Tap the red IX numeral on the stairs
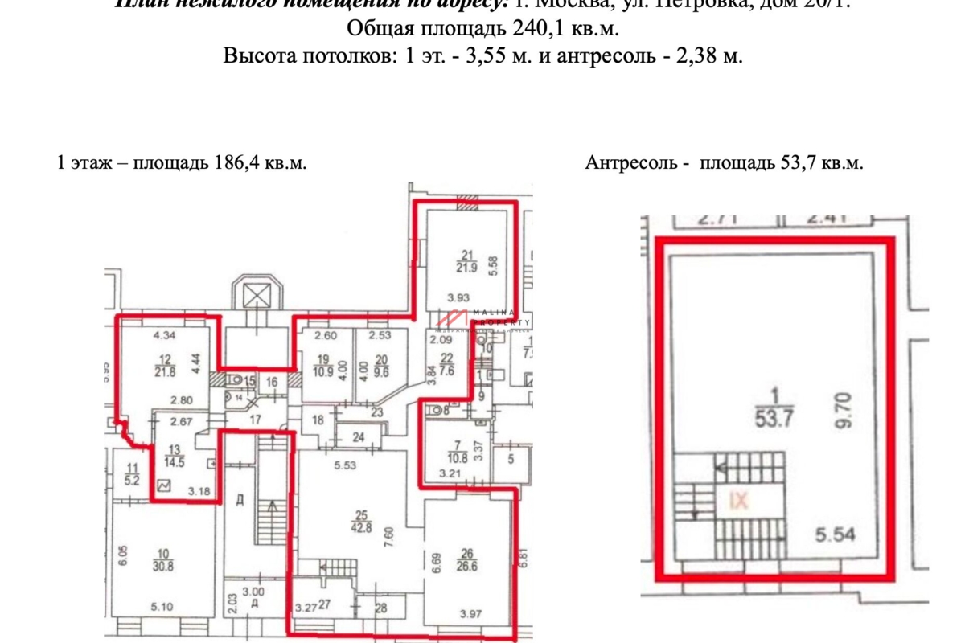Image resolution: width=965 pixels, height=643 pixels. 738,501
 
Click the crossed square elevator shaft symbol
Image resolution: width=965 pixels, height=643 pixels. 257,295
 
